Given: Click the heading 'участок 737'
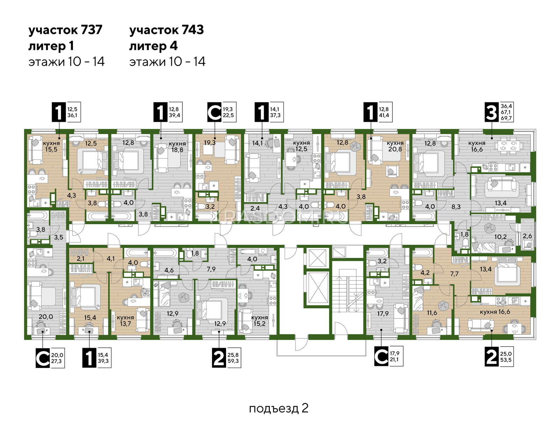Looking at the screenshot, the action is pyautogui.click(x=65, y=30).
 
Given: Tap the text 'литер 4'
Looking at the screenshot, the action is pyautogui.click(x=153, y=46).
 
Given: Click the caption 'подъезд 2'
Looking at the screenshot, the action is pyautogui.click(x=278, y=408).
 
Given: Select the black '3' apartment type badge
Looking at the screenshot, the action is pyautogui.click(x=492, y=112).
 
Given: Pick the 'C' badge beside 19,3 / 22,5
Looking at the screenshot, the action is pyautogui.click(x=214, y=112).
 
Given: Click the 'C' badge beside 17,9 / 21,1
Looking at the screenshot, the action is pyautogui.click(x=381, y=356).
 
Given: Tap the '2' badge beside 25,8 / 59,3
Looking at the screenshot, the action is pyautogui.click(x=219, y=358).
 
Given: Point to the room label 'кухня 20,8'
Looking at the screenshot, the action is pyautogui.click(x=395, y=146).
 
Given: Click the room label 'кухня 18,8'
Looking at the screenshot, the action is pyautogui.click(x=177, y=146).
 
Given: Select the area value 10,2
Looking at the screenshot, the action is pyautogui.click(x=500, y=237).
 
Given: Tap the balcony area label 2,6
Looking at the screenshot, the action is pyautogui.click(x=527, y=236).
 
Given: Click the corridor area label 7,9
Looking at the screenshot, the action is pyautogui.click(x=211, y=269).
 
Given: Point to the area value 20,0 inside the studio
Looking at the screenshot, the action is pyautogui.click(x=46, y=317).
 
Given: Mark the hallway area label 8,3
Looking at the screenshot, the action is pyautogui.click(x=456, y=206).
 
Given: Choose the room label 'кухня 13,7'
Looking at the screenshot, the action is pyautogui.click(x=125, y=321).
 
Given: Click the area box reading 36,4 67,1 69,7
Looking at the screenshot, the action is pyautogui.click(x=506, y=112).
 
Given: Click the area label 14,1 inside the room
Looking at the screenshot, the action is pyautogui.click(x=257, y=143).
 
